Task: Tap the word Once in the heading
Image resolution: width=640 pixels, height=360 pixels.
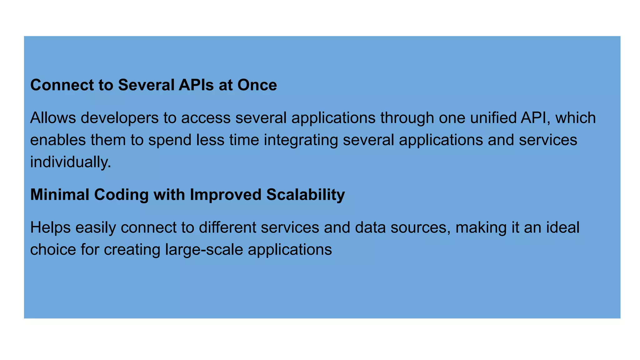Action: click(257, 85)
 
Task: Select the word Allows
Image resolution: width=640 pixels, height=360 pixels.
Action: click(53, 118)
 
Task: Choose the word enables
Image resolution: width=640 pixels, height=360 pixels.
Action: click(58, 140)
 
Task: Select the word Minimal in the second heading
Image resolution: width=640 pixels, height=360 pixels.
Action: click(60, 195)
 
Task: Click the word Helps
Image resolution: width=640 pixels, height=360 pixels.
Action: click(50, 228)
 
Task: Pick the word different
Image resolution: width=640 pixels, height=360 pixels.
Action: click(227, 227)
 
